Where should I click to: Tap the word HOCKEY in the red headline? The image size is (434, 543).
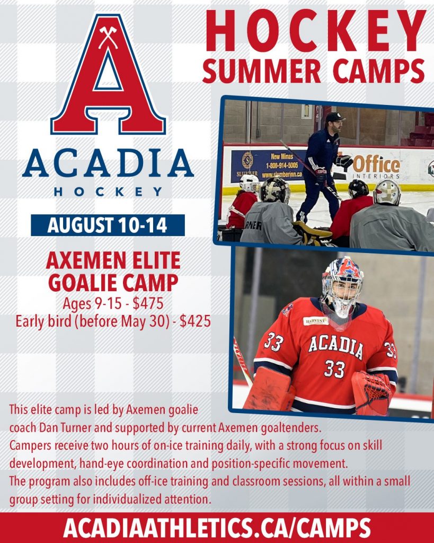point(316,31)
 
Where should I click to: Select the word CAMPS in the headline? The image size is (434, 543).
point(379,71)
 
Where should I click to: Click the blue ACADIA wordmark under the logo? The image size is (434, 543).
point(108,163)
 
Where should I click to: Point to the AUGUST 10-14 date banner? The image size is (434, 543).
point(108,225)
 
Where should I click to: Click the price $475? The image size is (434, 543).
point(148,304)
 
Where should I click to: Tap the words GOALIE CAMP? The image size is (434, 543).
point(113,283)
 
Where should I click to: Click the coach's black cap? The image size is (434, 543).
point(334,117)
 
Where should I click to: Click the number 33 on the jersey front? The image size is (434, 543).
point(334,369)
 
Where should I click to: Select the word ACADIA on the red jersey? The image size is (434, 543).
point(336,347)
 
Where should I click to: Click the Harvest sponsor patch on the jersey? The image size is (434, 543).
point(316,321)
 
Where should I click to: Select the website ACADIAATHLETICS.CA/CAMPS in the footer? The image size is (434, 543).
point(217,529)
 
